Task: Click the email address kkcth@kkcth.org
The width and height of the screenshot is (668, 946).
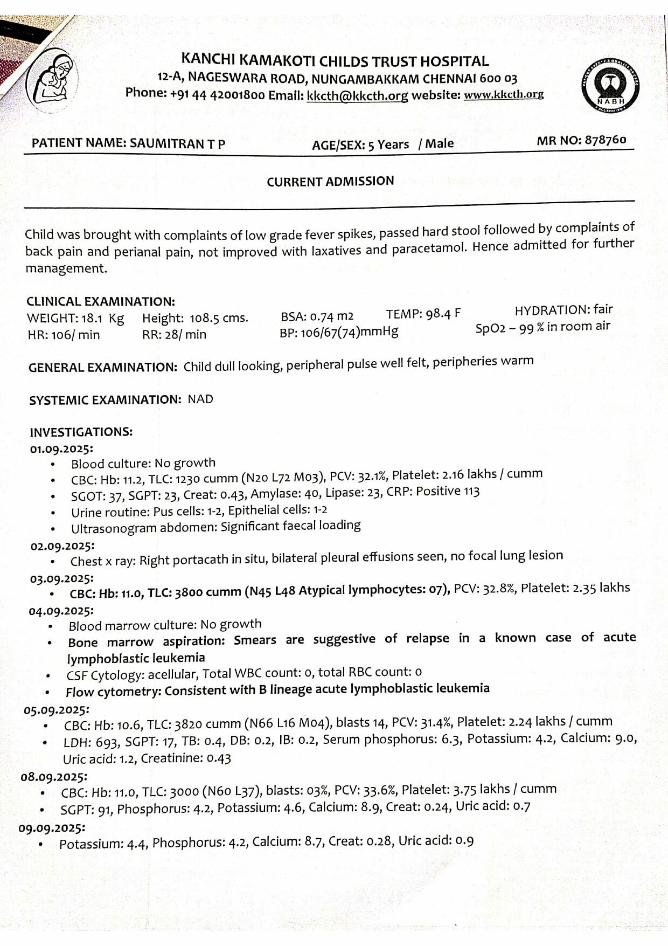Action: [x=357, y=96]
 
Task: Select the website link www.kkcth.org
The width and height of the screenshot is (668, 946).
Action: [x=503, y=95]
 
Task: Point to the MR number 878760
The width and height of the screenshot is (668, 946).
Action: [x=605, y=140]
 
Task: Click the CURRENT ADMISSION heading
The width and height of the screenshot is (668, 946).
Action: [x=330, y=182]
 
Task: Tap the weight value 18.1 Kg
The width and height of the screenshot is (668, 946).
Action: [x=102, y=318]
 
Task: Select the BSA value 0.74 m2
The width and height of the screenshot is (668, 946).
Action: [x=332, y=315]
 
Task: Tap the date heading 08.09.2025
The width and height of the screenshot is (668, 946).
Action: [x=54, y=777]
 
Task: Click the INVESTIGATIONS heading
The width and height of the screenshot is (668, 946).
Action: [x=81, y=432]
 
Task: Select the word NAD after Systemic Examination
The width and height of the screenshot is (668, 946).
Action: [x=200, y=399]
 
